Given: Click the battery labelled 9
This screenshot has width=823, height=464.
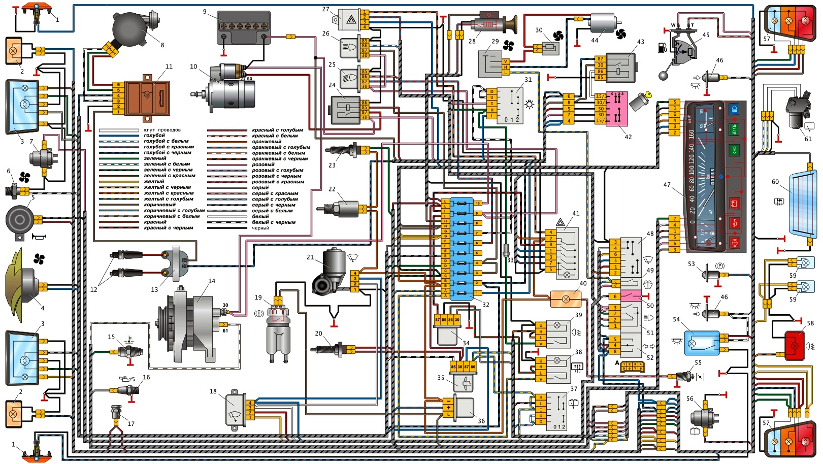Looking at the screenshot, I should click(x=243, y=27).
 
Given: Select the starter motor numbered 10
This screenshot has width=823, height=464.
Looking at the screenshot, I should click(x=228, y=91).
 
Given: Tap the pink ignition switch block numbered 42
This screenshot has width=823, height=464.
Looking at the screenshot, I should click(x=616, y=109).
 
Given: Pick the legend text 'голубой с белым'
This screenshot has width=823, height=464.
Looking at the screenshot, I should click(x=166, y=141).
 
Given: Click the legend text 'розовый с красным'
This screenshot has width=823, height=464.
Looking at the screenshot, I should click(x=278, y=182).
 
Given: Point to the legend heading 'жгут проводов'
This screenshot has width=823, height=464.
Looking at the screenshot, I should click(x=162, y=130).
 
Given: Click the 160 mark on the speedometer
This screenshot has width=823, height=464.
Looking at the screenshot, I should click(x=692, y=134).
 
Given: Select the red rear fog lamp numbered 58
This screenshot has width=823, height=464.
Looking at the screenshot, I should click(x=795, y=346).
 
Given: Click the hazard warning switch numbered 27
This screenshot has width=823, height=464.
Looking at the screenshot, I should click(x=351, y=19).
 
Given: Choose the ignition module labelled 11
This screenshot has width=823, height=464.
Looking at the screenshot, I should click(x=148, y=96).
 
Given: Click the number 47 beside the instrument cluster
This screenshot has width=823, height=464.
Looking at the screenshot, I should click(x=667, y=185).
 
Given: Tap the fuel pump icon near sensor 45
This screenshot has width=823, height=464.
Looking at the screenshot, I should click(x=663, y=48).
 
